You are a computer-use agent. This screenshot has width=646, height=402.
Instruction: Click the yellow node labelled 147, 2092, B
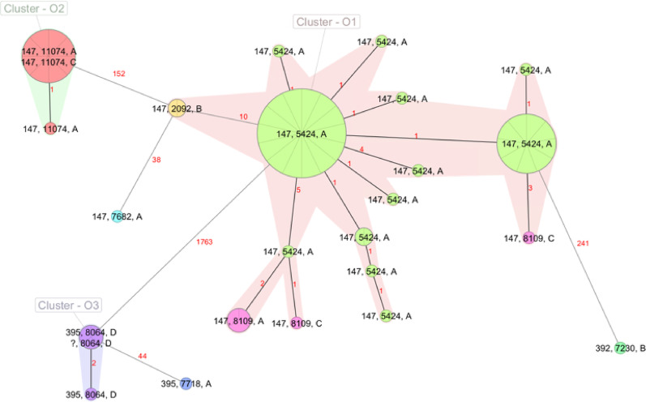177,109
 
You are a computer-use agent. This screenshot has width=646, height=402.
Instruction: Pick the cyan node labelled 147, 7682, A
118,216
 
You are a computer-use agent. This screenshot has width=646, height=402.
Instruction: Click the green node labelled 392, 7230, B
620,349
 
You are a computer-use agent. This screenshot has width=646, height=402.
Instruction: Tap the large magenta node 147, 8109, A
238,321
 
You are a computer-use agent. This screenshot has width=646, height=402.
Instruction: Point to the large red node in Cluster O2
49,55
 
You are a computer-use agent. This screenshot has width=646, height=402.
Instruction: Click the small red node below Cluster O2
50,128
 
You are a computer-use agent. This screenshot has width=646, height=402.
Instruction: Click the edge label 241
584,243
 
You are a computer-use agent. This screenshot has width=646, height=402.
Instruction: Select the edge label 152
119,74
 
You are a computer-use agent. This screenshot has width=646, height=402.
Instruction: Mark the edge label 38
156,160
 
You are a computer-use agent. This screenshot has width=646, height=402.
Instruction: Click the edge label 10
242,117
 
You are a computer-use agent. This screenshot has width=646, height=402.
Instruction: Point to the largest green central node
301,133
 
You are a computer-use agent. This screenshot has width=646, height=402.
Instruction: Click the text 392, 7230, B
621,349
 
